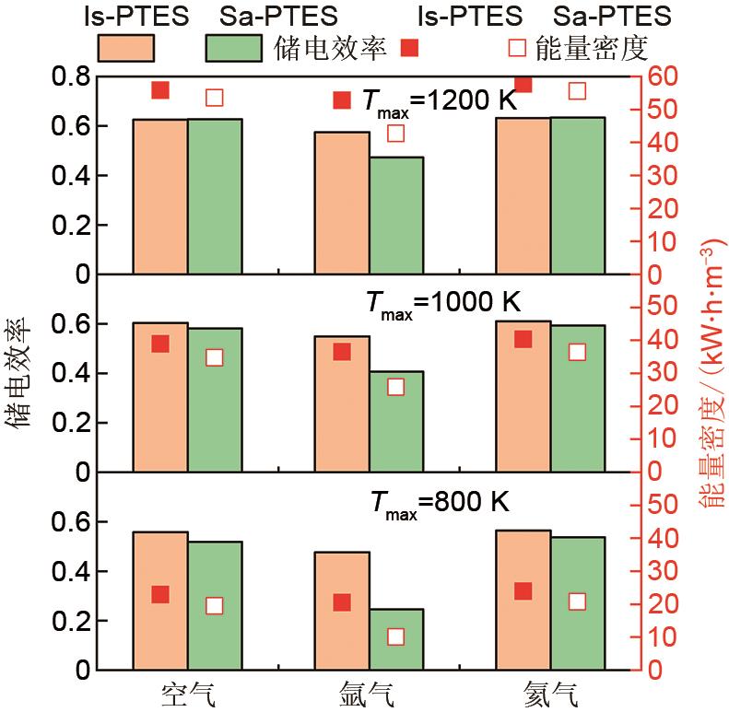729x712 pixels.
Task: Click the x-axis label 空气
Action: click(187, 694)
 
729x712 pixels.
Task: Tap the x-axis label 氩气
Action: click(369, 694)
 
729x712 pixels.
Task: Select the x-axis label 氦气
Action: click(550, 694)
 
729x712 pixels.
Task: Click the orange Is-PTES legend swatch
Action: click(125, 46)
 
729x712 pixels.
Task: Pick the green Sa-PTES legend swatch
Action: click(234, 46)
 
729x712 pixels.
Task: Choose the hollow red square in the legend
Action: click(519, 46)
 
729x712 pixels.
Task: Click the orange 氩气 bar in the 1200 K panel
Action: click(342, 203)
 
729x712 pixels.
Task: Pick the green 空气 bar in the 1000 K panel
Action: click(215, 400)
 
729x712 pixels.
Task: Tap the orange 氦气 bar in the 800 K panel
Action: click(523, 600)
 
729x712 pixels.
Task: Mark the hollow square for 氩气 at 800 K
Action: click(395, 636)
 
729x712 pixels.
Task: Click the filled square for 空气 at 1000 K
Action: click(160, 344)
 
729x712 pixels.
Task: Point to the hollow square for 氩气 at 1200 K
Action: click(395, 133)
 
